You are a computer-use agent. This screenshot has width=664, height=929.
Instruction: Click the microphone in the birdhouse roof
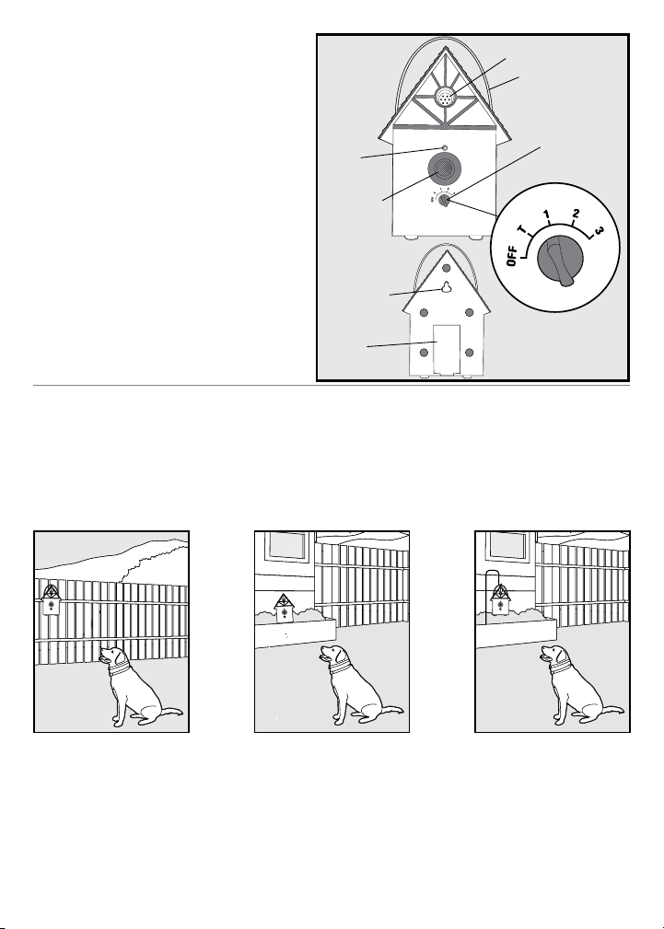(444, 98)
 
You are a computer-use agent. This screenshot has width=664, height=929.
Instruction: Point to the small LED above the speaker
(444, 147)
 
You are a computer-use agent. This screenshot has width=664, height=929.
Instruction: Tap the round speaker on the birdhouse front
(444, 168)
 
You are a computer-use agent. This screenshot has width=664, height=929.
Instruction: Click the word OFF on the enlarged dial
(513, 256)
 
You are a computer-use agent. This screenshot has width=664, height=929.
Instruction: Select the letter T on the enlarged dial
(523, 230)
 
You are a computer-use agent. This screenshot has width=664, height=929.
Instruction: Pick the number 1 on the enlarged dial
(547, 215)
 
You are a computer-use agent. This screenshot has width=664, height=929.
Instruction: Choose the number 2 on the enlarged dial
(575, 214)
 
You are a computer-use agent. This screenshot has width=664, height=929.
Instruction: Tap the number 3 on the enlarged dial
(599, 229)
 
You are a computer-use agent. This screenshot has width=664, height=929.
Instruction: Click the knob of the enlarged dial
(560, 260)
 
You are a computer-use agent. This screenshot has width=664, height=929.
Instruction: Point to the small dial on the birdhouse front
(444, 202)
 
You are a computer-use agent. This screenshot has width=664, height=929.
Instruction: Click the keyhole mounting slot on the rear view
(445, 287)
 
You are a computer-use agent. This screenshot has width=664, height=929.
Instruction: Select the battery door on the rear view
(447, 349)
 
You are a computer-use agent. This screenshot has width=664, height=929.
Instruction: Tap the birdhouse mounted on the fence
(51, 599)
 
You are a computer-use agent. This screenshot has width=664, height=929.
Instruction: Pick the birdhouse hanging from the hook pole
(501, 599)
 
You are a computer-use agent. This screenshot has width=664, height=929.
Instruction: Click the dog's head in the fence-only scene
(112, 657)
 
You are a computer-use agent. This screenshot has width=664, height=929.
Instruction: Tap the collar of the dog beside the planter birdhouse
(339, 668)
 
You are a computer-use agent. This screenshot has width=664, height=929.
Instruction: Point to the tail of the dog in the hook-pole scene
(612, 711)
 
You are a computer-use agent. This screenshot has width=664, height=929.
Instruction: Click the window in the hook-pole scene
(506, 546)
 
